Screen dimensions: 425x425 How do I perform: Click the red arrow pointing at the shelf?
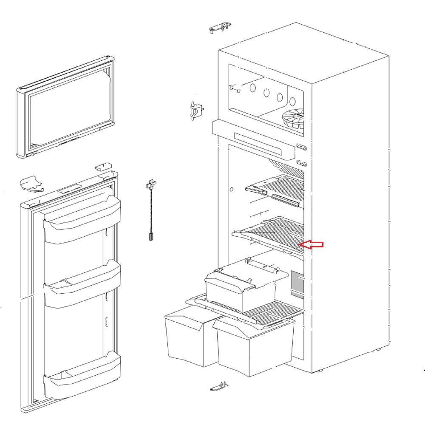click(x=312, y=244)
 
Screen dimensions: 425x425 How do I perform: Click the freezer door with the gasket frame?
click(x=66, y=107)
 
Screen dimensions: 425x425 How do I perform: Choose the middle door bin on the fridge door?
click(x=82, y=286)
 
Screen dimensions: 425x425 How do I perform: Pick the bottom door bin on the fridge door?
click(x=82, y=374)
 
